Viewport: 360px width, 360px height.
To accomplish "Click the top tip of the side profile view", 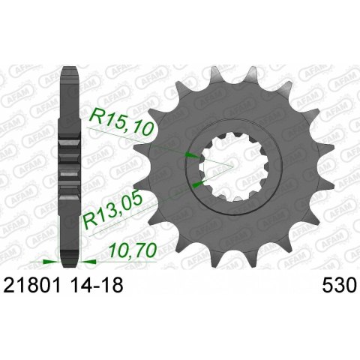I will (x=70, y=68).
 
